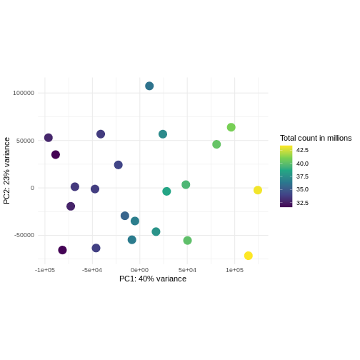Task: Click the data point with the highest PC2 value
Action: tap(149, 86)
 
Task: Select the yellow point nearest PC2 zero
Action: tap(258, 190)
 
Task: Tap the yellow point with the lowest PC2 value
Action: tap(249, 256)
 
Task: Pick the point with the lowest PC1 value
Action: tap(49, 138)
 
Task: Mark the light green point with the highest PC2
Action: tap(231, 127)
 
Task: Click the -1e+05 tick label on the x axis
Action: tap(45, 270)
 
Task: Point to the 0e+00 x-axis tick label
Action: tap(139, 270)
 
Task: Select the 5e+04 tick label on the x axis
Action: tap(187, 270)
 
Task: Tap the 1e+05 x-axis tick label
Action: tap(234, 270)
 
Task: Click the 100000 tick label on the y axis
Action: tap(24, 93)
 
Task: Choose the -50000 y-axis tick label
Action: tap(24, 235)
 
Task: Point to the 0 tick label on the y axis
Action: tap(32, 188)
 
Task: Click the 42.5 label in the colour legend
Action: tap(303, 150)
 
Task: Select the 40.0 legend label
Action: tap(303, 164)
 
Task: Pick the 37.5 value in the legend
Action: tap(303, 176)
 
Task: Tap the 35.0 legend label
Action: tap(303, 190)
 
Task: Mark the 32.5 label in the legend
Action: tap(303, 203)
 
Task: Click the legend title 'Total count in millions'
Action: tap(316, 138)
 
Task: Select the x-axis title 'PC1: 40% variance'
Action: tap(153, 279)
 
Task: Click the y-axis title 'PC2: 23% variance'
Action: tap(7, 171)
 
